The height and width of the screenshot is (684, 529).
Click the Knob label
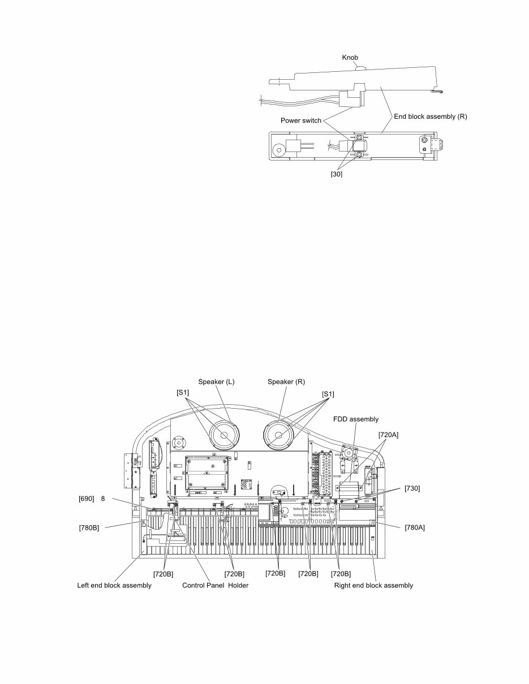pos(350,58)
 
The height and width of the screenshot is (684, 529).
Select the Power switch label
pos(300,120)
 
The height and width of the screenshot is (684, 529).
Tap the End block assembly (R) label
pos(430,116)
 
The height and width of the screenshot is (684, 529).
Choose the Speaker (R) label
pos(286,382)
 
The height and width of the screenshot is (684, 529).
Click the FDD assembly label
pos(355,419)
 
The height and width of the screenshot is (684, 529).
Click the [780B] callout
pos(89,528)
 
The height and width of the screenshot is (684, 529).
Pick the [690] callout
pos(87,499)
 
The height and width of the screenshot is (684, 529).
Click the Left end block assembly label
pos(114,585)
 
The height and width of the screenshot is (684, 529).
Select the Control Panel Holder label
pos(215,585)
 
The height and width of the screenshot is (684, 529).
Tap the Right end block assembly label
pos(373,585)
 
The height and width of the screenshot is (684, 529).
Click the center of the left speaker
pos(224,436)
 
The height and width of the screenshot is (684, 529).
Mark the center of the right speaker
pos(279,436)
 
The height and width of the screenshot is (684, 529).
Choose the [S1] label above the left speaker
pos(183,392)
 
